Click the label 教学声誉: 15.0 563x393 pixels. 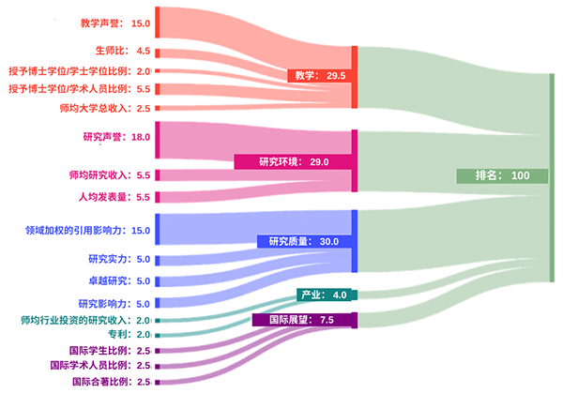[114, 23]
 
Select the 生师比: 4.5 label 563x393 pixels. [123, 51]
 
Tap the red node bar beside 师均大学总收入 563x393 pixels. [158, 108]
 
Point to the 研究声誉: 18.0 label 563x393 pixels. [116, 137]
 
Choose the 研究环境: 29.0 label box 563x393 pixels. [293, 162]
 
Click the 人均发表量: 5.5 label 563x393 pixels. [114, 197]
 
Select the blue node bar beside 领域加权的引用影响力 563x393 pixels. [158, 230]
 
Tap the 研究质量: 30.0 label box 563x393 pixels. [304, 242]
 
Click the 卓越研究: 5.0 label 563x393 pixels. [119, 281]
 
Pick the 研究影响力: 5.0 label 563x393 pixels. [114, 304]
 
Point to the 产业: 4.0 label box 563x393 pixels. [324, 295]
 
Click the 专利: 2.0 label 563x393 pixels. [129, 335]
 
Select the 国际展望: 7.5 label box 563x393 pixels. [301, 320]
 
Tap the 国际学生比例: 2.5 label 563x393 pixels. [110, 351]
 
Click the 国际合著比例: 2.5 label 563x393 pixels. [112, 382]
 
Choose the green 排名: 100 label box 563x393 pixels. [502, 175]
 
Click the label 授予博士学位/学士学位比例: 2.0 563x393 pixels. [80, 71]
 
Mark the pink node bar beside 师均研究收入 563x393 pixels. [158, 175]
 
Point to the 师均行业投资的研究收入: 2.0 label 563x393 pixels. [85, 320]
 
